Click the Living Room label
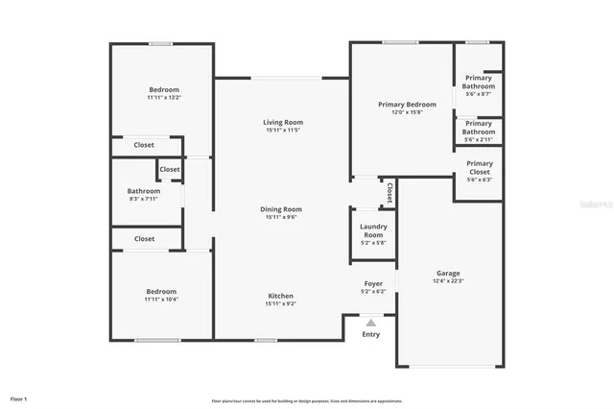(283, 122)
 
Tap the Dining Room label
(281, 209)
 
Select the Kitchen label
(281, 296)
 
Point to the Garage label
(448, 274)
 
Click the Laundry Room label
(372, 230)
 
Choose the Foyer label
(372, 283)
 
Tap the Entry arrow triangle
(370, 324)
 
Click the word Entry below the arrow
(370, 335)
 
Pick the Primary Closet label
(480, 167)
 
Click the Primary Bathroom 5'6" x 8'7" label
(480, 82)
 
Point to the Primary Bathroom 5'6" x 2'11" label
(480, 128)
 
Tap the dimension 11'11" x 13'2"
(163, 98)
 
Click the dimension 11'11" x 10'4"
(161, 300)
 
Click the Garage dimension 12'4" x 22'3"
(448, 282)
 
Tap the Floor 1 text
(19, 398)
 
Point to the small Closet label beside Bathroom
(170, 170)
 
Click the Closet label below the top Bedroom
(144, 145)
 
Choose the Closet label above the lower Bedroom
(144, 239)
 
